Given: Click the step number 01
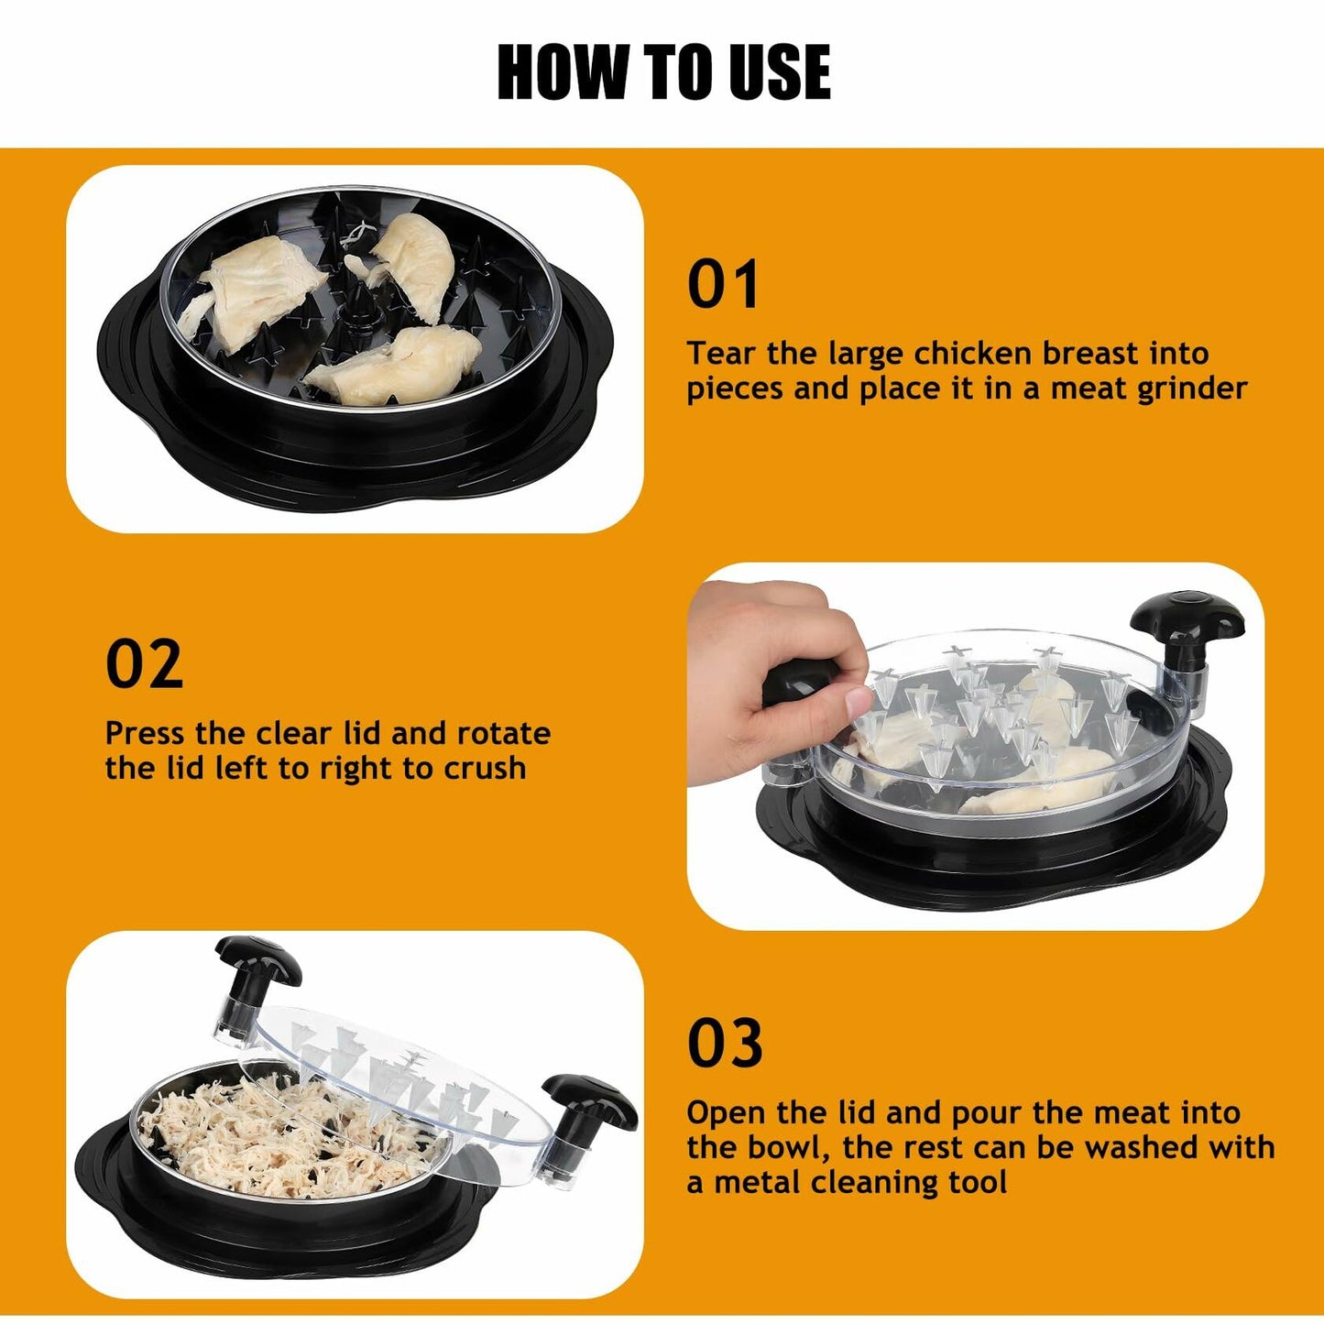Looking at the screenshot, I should point(723,285).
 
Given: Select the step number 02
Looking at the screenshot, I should point(144,664).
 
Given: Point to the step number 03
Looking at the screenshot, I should point(724,1044).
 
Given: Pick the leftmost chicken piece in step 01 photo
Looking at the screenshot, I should point(247,289).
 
